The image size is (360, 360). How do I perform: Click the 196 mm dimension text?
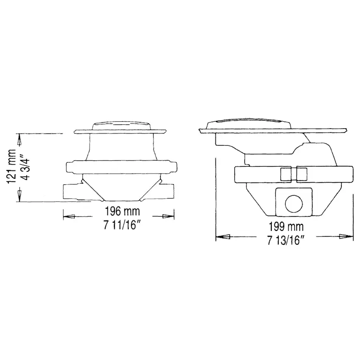[x=122, y=211]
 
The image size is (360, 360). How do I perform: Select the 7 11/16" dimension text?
[x=122, y=225]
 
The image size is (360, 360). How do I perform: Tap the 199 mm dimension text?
[x=286, y=227]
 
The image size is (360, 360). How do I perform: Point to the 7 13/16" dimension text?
[x=286, y=240]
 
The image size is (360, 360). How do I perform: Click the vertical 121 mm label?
[x=11, y=166]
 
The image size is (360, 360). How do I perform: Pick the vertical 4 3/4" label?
[x=25, y=165]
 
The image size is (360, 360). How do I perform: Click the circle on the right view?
[x=294, y=203]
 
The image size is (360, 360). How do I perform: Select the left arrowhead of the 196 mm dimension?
[x=69, y=216]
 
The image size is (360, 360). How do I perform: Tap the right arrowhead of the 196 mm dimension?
[x=168, y=216]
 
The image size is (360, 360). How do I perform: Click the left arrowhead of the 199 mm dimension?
[x=223, y=237]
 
